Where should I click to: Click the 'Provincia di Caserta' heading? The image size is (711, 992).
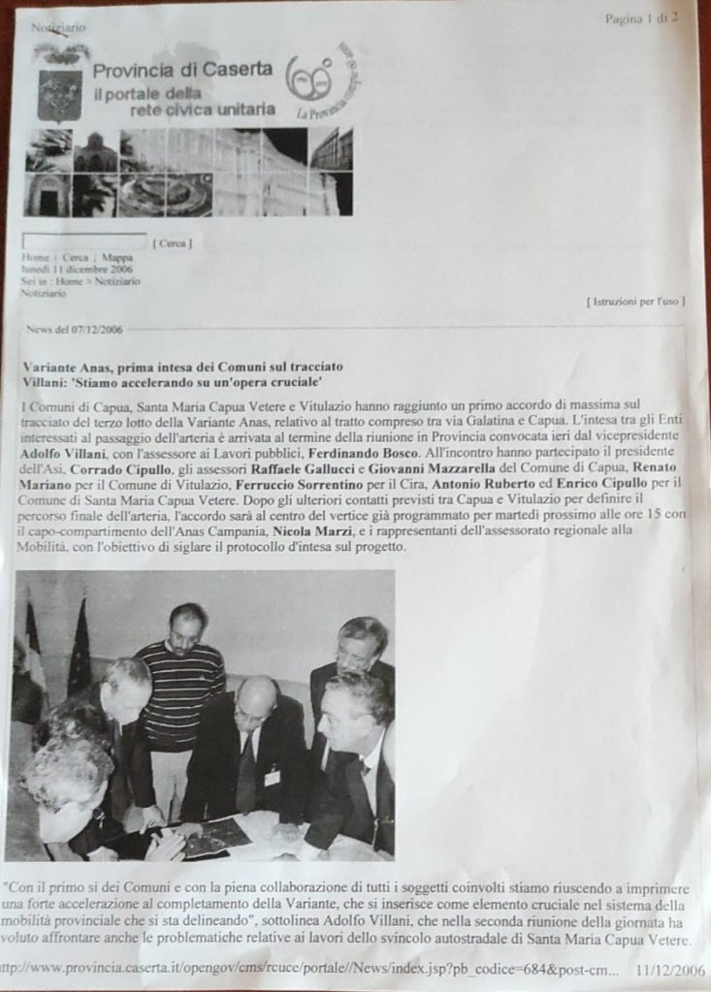[182, 70]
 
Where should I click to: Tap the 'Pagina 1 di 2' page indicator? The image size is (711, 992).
[641, 17]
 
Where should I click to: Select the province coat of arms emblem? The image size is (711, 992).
[59, 94]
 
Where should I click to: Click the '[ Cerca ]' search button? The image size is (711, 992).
[172, 243]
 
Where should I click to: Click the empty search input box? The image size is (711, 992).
[83, 241]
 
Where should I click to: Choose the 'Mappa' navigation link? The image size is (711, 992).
[116, 258]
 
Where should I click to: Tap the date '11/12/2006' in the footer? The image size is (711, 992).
[671, 969]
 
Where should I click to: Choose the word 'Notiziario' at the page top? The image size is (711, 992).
[58, 28]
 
